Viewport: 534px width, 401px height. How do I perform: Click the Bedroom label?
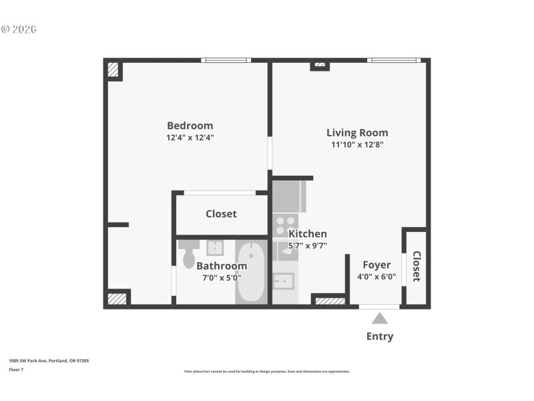click(190, 126)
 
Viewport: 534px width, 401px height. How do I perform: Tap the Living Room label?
click(357, 132)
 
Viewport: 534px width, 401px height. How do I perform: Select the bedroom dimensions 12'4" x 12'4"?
click(190, 138)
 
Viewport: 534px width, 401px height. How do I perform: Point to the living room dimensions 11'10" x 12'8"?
click(357, 144)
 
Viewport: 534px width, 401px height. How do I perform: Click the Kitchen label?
click(307, 234)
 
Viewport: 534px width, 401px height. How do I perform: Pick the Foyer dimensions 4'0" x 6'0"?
click(376, 277)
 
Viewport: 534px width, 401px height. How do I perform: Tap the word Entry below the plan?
click(379, 336)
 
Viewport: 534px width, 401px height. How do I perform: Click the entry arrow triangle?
click(379, 319)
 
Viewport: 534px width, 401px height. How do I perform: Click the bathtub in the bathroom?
click(251, 273)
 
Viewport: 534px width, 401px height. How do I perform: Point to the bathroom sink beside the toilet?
click(215, 248)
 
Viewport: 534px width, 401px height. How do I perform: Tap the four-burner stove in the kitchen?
click(285, 225)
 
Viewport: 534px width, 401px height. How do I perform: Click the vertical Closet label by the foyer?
click(416, 266)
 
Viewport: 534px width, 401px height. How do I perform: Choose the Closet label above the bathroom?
click(221, 214)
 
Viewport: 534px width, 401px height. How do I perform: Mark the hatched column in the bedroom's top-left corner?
click(113, 70)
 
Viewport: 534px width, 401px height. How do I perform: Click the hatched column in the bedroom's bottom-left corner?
click(117, 299)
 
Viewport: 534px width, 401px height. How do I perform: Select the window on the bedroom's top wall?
click(226, 61)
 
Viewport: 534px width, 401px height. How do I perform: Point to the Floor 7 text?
click(16, 369)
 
